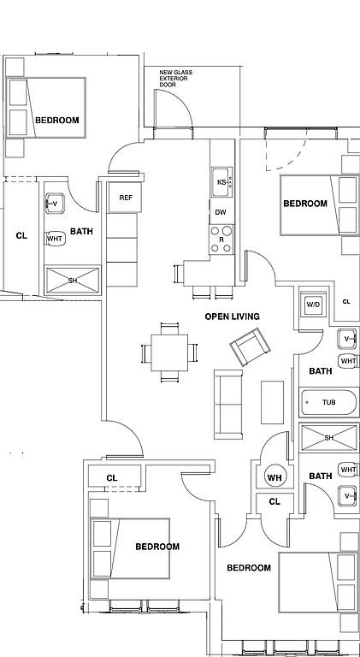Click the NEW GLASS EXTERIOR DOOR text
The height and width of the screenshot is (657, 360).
[x=175, y=79]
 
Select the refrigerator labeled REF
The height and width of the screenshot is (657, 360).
[x=125, y=198]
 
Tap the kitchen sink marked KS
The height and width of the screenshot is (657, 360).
[x=221, y=182]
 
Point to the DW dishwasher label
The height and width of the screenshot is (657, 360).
[x=221, y=212]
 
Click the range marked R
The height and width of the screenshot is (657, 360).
[x=221, y=239]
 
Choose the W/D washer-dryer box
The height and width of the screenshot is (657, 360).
[x=313, y=304]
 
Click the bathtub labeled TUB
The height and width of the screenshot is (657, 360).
[x=328, y=402]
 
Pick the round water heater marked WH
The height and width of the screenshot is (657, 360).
[x=274, y=477]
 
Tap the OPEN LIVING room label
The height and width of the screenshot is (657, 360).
[x=232, y=317]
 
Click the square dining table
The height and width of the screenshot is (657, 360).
[x=169, y=352]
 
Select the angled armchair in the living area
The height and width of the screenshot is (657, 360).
[x=250, y=347]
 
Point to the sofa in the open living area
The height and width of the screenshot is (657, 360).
[x=228, y=405]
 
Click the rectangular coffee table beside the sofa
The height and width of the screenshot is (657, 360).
[x=272, y=402]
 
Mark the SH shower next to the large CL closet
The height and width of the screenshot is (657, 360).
[x=73, y=280]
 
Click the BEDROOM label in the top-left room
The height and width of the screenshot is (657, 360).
[x=57, y=121]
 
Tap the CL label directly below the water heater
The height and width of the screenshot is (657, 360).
[x=274, y=501]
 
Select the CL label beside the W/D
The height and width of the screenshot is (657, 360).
[x=346, y=302]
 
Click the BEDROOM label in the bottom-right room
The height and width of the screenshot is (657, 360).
[x=249, y=568]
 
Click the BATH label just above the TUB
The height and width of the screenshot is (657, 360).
[x=320, y=370]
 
